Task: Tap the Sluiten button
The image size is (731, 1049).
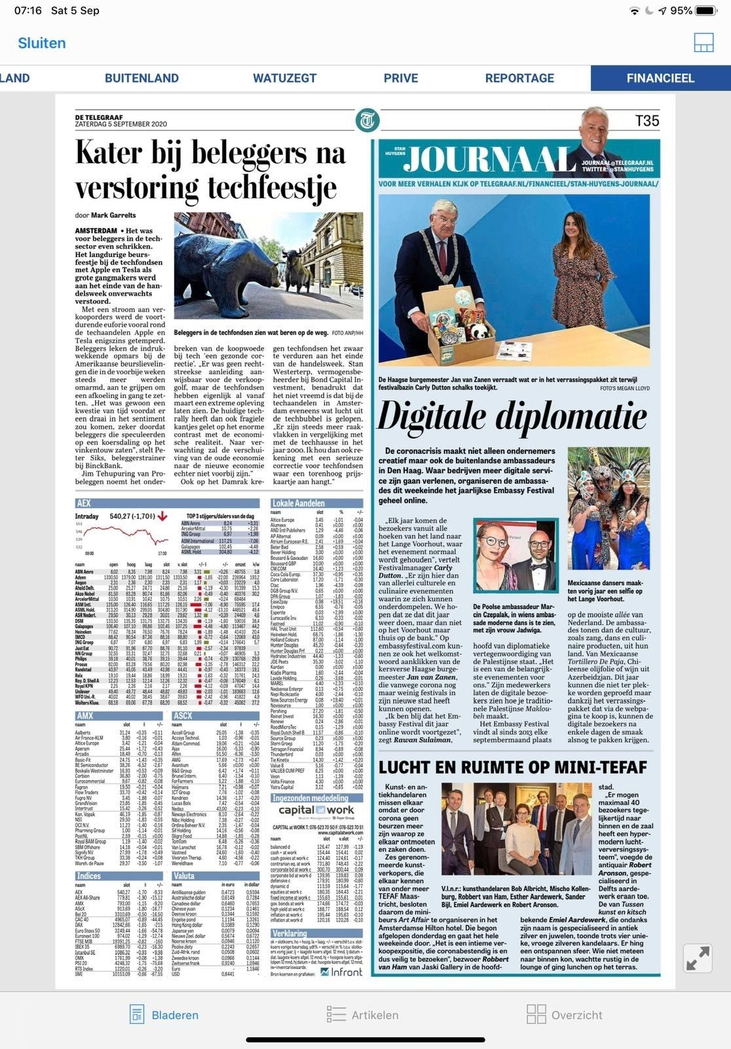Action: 42,43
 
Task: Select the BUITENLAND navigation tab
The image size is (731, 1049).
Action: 141,78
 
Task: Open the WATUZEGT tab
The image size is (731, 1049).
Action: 284,78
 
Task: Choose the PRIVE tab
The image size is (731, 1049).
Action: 401,78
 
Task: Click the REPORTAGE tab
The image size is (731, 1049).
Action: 519,78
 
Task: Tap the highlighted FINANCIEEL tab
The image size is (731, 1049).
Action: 660,78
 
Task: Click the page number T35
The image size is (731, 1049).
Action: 647,121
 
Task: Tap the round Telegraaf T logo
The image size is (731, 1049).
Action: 367,121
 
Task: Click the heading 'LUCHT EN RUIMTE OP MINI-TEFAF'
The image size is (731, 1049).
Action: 513,767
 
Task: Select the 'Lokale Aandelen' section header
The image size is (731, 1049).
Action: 298,503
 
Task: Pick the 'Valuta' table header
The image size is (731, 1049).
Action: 184,875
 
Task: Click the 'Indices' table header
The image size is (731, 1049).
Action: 88,875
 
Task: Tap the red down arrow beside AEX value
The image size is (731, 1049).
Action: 162,517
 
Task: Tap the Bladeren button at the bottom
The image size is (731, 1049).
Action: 164,1015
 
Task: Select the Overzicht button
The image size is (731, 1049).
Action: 564,1015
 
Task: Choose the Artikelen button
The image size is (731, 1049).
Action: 363,1015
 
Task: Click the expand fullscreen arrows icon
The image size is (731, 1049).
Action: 698,958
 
